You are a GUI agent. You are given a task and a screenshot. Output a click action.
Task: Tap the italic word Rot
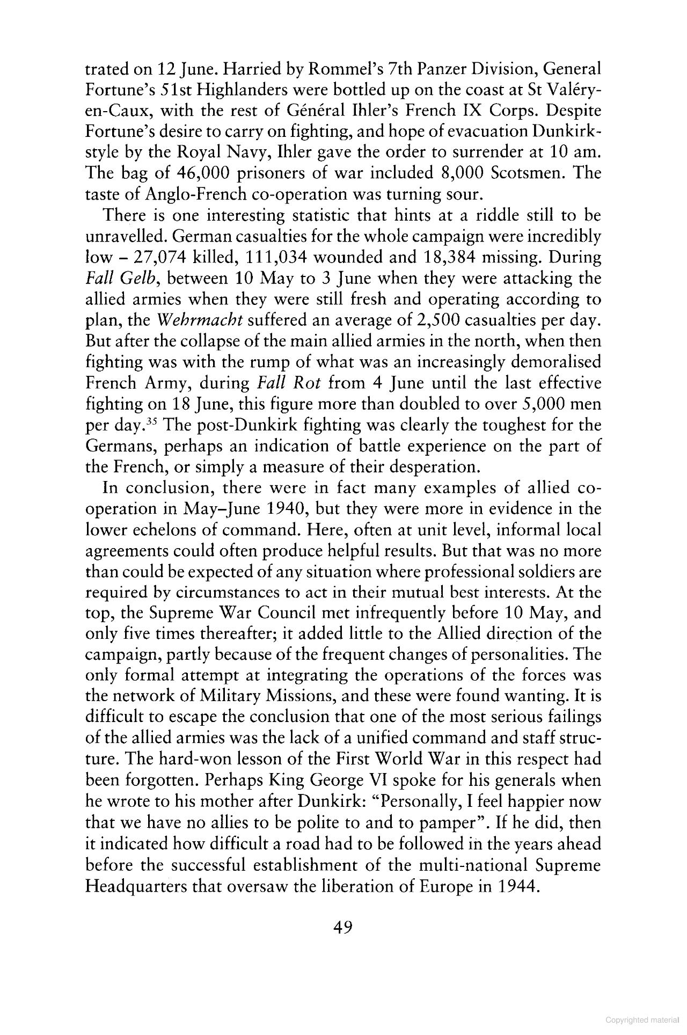coord(307,383)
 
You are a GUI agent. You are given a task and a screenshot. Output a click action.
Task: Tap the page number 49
coord(342,928)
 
